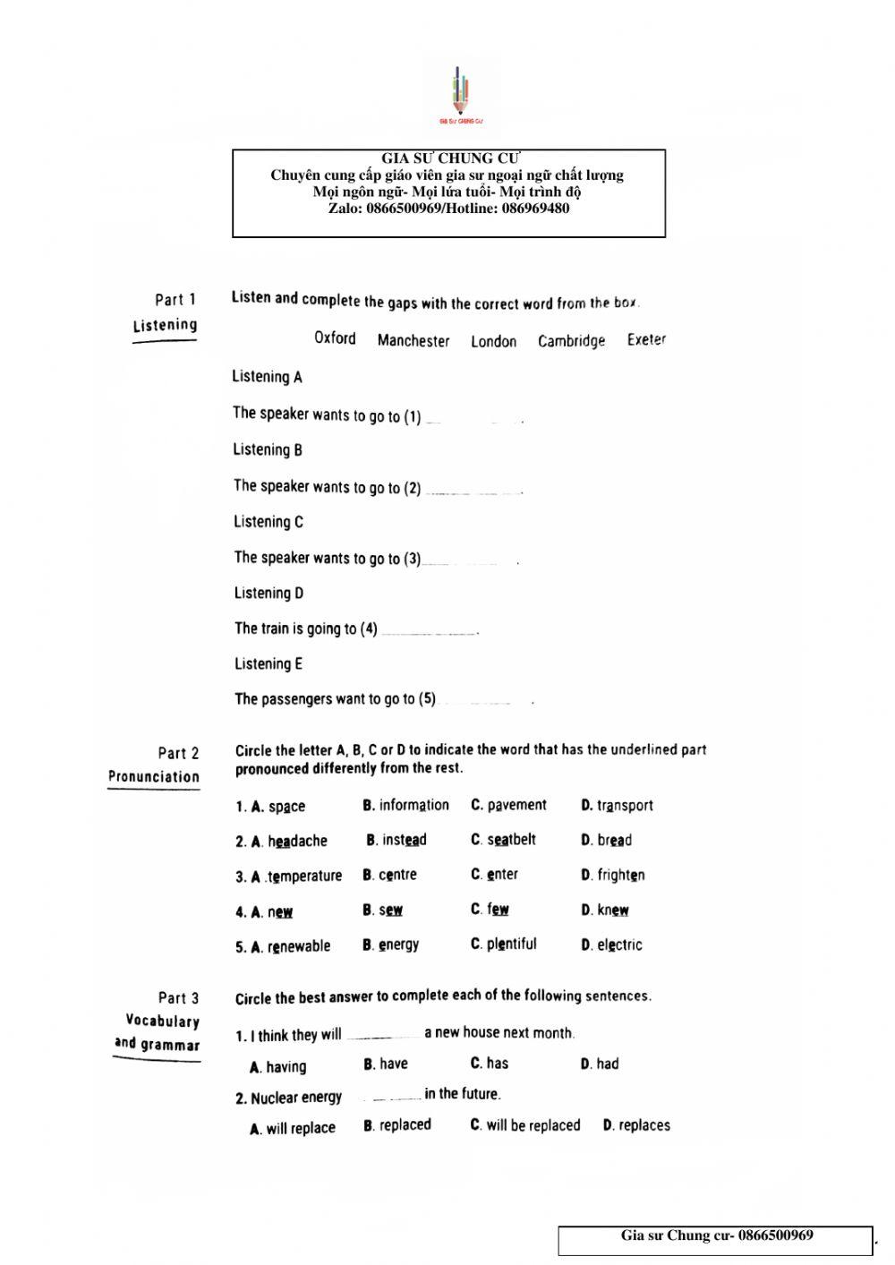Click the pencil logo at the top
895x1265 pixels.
tap(461, 94)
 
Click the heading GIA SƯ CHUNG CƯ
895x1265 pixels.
tap(450, 158)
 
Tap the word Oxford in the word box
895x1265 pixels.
tap(335, 338)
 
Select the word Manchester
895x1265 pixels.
tap(413, 340)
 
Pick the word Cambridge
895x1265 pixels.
tap(571, 341)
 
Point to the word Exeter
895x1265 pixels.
tap(646, 340)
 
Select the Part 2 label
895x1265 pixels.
tap(178, 753)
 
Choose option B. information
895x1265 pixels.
tap(406, 806)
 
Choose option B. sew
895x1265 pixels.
tap(382, 910)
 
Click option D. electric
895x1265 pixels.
tap(611, 944)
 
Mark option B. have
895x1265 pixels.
tap(386, 1064)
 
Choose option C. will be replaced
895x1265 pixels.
tap(525, 1125)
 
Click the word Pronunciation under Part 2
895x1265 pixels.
tap(154, 776)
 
